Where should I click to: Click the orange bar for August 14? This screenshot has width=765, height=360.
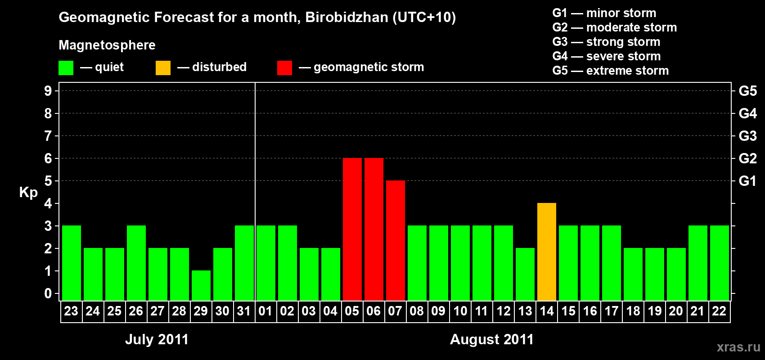546,252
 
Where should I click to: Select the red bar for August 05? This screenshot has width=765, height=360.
352,229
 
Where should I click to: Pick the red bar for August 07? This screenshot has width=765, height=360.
396,240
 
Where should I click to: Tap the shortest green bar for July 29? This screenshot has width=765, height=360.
201,286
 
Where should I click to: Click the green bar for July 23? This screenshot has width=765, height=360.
72,263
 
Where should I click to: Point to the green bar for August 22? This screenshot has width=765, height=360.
719,263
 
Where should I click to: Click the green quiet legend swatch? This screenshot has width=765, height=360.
66,67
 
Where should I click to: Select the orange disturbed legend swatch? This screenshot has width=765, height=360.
163,67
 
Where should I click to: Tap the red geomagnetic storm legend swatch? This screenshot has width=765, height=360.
284,67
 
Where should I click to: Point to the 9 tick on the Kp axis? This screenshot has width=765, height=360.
48,91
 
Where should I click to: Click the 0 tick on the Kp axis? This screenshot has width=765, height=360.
48,293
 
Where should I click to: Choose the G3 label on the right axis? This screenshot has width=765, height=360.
747,136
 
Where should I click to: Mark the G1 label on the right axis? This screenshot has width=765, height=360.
747,181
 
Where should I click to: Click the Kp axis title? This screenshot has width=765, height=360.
28,193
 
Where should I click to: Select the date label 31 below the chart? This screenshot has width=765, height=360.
244,311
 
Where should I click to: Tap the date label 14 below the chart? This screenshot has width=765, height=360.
546,311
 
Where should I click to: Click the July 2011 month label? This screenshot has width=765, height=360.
157,339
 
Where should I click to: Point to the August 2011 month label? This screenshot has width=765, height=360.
492,339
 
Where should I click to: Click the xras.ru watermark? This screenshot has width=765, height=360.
739,347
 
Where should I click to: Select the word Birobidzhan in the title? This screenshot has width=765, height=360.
346,18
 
